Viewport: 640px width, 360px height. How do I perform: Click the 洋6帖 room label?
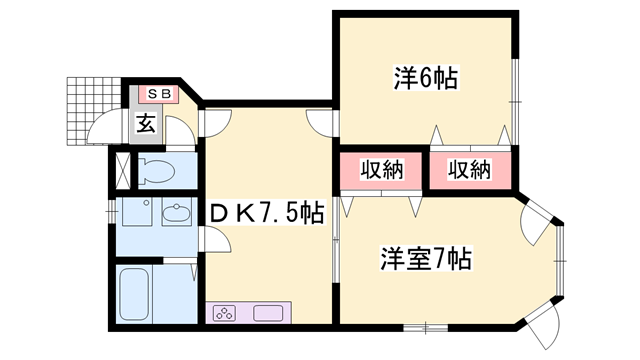pyautogui.click(x=426, y=77)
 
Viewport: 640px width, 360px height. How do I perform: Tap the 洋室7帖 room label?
pyautogui.click(x=426, y=258)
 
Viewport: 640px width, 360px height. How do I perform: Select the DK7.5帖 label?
pyautogui.click(x=267, y=213)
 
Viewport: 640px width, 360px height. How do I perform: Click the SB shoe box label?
pyautogui.click(x=159, y=94)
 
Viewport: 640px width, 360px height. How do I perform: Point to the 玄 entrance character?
pyautogui.click(x=146, y=123)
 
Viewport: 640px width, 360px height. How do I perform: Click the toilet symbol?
pyautogui.click(x=156, y=170)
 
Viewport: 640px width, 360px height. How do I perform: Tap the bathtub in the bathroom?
pyautogui.click(x=134, y=294)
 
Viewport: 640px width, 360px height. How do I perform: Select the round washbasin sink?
pyautogui.click(x=176, y=213)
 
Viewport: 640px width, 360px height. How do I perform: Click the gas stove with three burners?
pyautogui.click(x=225, y=313)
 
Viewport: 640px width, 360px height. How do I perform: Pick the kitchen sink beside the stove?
pyautogui.click(x=268, y=313)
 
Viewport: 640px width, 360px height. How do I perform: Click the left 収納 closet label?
pyautogui.click(x=382, y=169)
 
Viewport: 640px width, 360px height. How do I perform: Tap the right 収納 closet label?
pyautogui.click(x=469, y=169)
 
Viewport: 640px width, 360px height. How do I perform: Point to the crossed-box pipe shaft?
pyautogui.click(x=122, y=170)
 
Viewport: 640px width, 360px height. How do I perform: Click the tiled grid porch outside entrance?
pyautogui.click(x=94, y=111)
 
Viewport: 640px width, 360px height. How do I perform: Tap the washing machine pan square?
pyautogui.click(x=137, y=212)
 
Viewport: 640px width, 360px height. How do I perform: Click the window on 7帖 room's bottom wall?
pyautogui.click(x=425, y=327)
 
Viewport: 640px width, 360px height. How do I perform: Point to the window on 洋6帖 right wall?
pyautogui.click(x=516, y=101)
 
